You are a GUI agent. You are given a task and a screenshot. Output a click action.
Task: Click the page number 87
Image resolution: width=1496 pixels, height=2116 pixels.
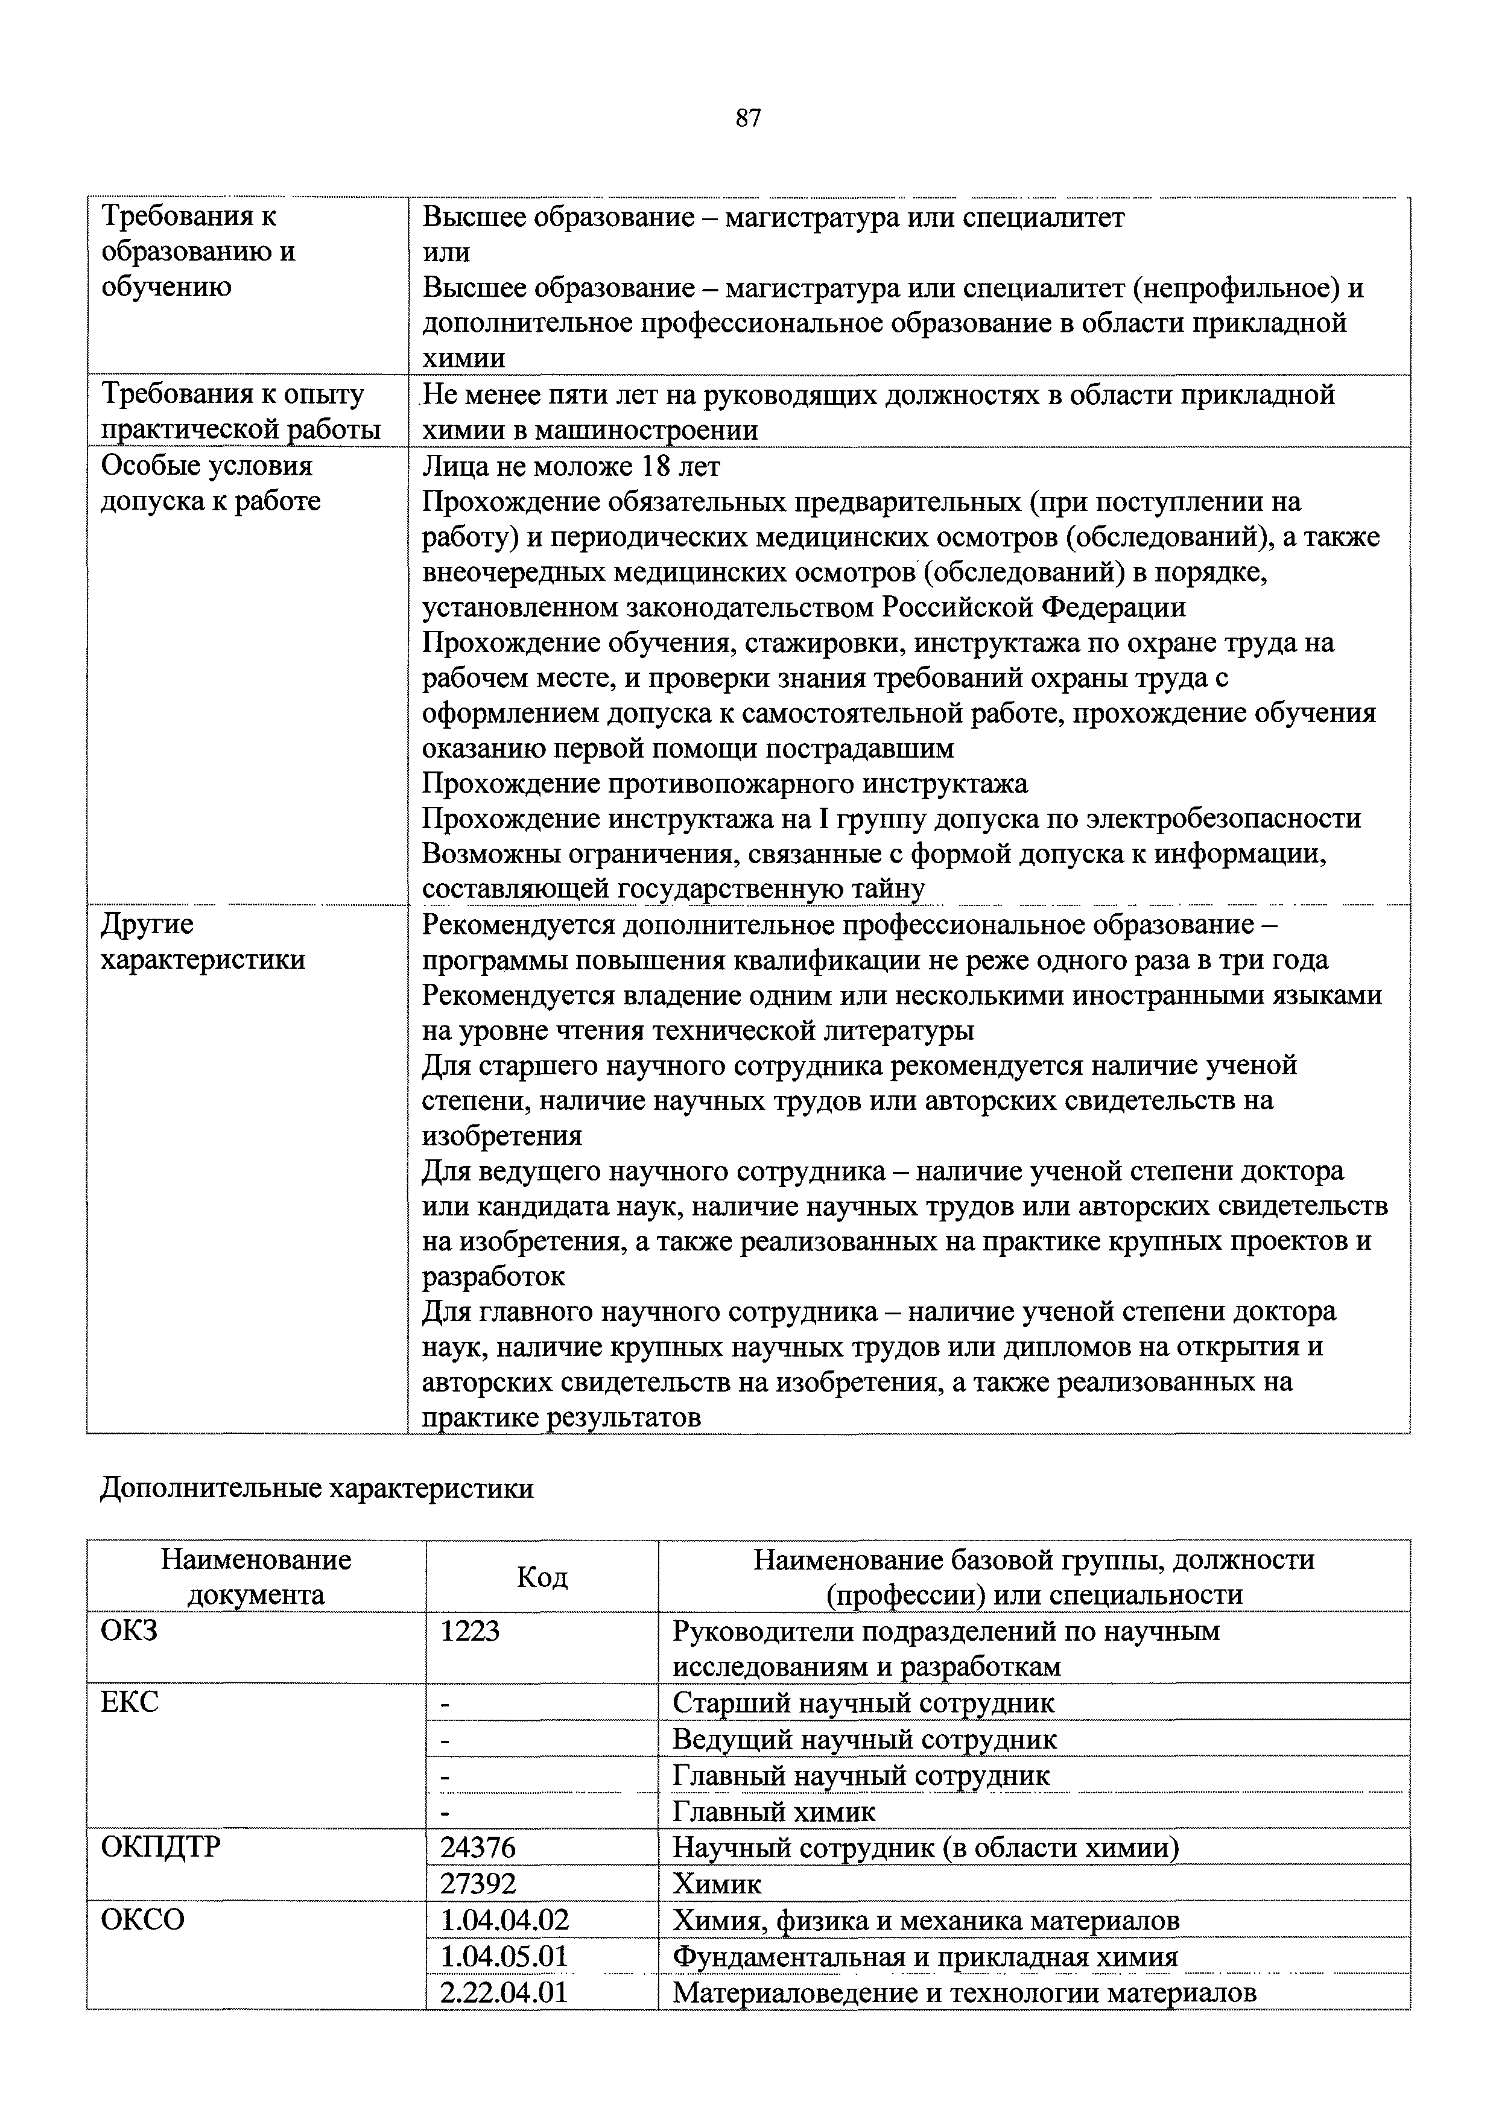(747, 118)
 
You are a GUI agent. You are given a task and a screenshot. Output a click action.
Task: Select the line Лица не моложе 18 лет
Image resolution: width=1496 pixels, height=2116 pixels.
(571, 466)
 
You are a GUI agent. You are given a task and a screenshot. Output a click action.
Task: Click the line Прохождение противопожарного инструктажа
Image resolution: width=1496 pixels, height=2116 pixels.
(724, 784)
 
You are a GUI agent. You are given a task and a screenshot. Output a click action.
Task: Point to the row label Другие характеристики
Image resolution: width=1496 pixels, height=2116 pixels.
(202, 941)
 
